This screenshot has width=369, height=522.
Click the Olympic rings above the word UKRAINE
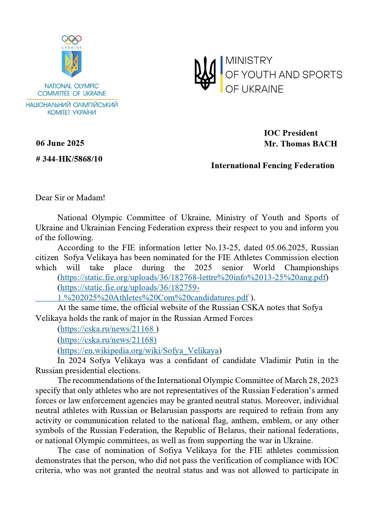72,40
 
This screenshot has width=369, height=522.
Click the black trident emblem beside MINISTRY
205,73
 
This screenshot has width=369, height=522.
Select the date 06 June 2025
60,143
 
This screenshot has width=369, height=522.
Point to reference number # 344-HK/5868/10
69,159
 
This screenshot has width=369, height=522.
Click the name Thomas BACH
309,144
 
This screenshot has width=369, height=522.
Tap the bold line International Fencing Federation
272,165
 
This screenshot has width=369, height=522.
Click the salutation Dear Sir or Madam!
70,198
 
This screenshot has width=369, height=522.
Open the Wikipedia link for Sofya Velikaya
139,351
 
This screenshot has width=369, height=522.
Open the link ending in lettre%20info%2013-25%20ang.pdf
193,277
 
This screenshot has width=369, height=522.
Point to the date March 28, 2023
311,380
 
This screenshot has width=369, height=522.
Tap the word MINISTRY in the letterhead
249,60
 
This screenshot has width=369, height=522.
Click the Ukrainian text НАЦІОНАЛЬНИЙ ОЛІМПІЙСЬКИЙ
72,105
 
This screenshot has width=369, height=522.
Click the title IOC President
291,133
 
